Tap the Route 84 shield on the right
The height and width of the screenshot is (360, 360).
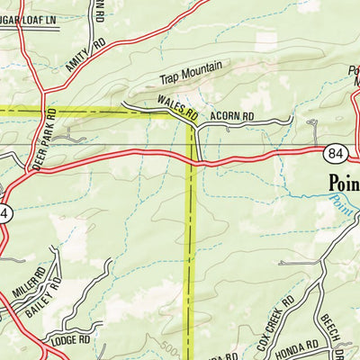click(336, 155)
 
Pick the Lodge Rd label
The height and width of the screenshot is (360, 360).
click(72, 340)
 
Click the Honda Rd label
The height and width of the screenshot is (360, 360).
click(301, 346)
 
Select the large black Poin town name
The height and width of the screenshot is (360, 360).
click(342, 184)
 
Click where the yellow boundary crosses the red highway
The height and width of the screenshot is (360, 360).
click(191, 161)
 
